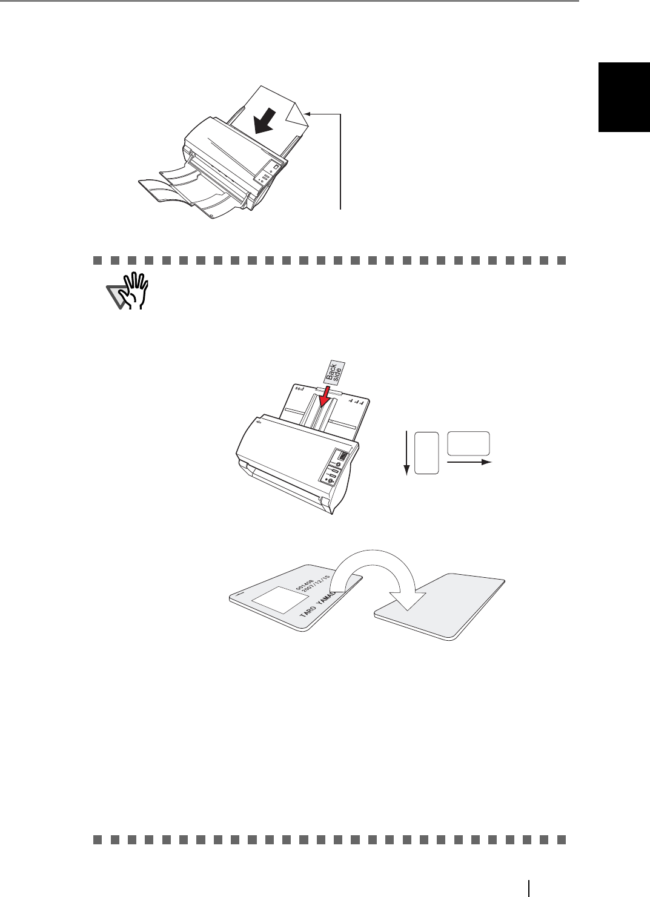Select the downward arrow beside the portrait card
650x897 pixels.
407,452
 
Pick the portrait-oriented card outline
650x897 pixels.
428,452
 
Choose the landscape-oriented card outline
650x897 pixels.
468,443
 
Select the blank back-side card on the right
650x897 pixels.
440,606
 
